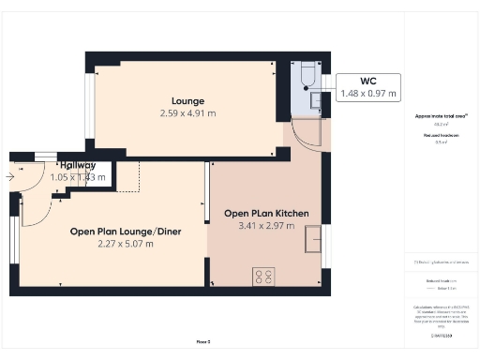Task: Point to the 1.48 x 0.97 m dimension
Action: tap(367, 93)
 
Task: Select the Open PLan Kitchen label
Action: tap(266, 213)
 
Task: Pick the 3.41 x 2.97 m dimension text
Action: tap(266, 226)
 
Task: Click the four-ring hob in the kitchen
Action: tap(263, 277)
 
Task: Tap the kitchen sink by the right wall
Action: tap(310, 242)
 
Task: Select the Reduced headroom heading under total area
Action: tap(440, 136)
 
